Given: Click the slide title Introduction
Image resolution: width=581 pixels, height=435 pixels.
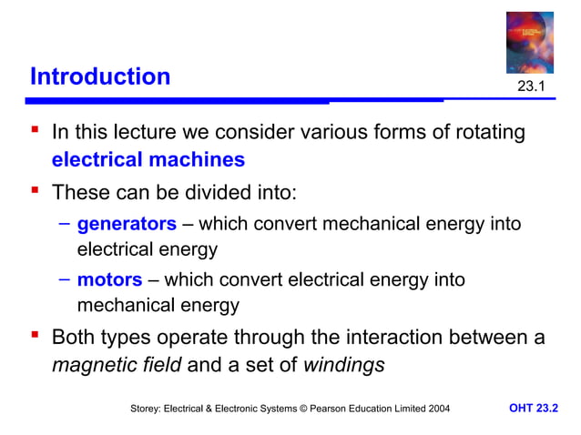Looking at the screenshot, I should point(100,76).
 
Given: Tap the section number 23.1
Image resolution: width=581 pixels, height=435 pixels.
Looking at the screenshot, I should point(531,86).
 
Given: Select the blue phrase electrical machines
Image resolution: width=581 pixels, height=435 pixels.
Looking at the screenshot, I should point(148,160).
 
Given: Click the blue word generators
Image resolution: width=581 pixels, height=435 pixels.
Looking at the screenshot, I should point(127,223).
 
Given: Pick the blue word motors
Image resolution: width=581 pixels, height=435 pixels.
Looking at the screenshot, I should point(109,279).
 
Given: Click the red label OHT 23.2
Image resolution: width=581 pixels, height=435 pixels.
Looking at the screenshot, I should point(533,410).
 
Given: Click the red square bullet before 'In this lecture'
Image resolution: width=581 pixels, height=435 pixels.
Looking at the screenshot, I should point(35,131).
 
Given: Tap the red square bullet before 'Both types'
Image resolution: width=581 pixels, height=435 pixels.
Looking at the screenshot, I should point(35,337).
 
